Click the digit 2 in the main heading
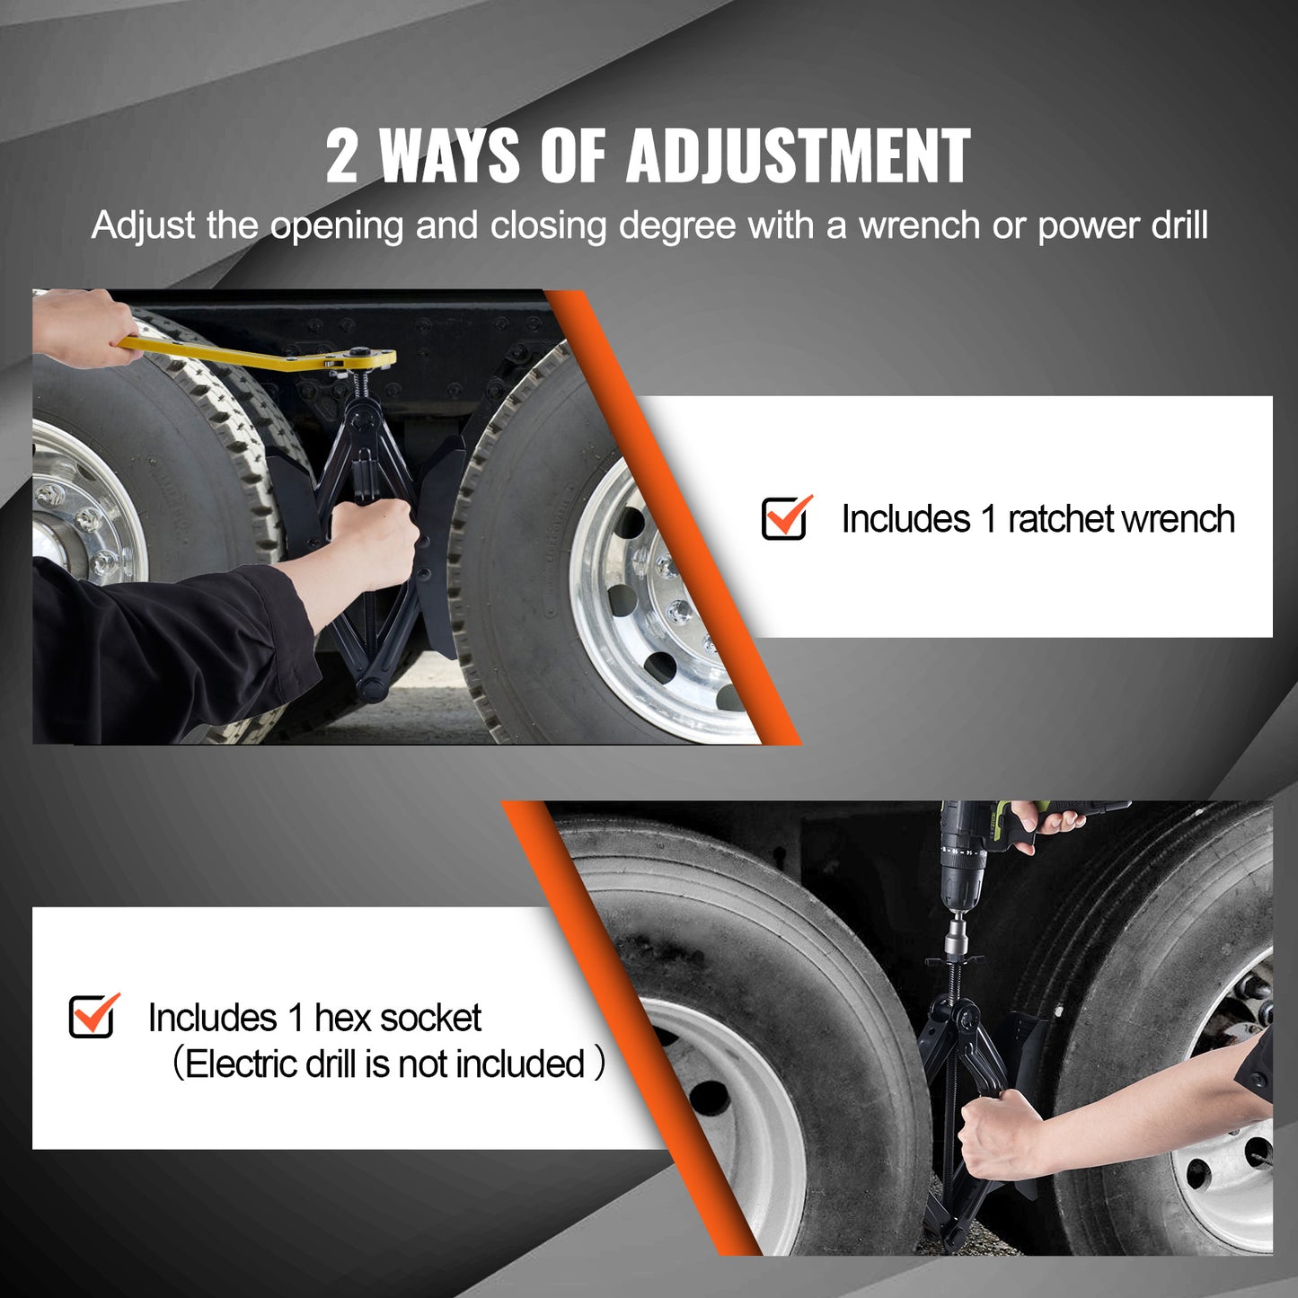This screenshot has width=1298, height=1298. [x=341, y=155]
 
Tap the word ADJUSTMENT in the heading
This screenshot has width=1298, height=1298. [x=798, y=155]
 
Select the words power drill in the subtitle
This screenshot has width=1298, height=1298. [x=1123, y=225]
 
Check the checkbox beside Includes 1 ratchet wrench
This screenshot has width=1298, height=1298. [x=784, y=518]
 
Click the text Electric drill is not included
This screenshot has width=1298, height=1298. [x=386, y=1064]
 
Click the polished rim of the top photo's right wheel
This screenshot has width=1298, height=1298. [x=647, y=611]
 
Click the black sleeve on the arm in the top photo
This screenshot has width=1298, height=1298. [x=162, y=647]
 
